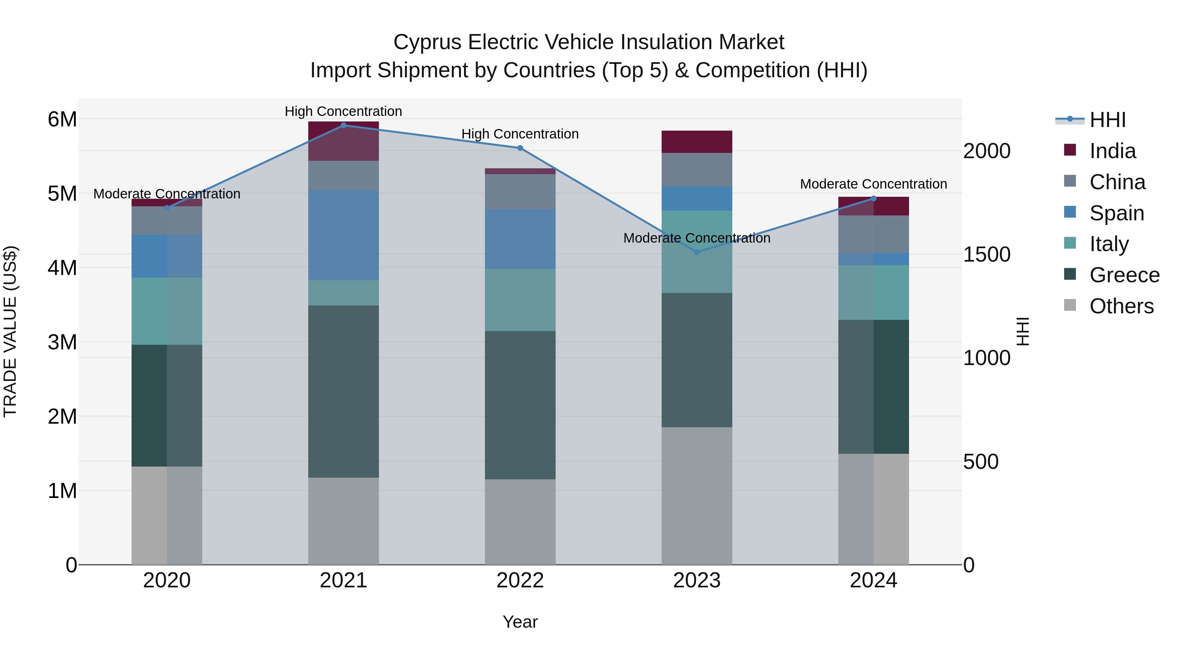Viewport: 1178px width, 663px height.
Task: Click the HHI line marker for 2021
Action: click(344, 125)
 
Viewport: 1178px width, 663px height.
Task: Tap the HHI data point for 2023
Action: click(697, 252)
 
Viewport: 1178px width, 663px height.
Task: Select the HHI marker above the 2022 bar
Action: click(520, 148)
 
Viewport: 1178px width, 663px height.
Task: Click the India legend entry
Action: click(1112, 151)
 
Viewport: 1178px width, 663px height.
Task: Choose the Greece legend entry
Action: click(1124, 275)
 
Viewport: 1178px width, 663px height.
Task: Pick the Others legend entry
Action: click(1121, 306)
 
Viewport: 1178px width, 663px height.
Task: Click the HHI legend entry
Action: click(1107, 120)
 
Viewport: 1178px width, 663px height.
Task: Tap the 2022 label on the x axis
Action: click(520, 580)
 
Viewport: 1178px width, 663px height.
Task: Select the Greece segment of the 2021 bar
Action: click(344, 391)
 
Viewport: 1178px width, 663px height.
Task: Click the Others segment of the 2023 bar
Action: click(697, 496)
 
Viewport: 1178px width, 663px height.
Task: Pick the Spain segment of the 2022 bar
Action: click(520, 239)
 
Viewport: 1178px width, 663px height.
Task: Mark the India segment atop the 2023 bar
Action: click(697, 141)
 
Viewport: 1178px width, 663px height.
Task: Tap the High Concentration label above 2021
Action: click(344, 111)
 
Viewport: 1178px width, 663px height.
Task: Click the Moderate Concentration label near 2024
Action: click(873, 184)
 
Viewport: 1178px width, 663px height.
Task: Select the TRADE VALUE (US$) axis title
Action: click(10, 331)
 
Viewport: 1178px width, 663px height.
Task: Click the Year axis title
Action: click(520, 622)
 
